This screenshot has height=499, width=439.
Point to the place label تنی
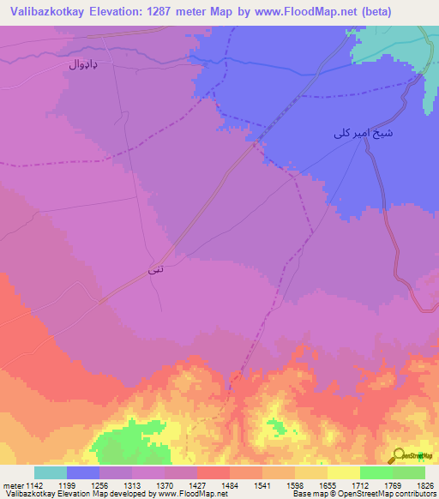(155, 270)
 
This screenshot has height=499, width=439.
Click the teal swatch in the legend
(51, 472)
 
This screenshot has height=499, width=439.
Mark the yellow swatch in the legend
(343, 472)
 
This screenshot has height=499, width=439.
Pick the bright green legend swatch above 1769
(376, 472)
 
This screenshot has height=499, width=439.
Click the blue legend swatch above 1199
(83, 472)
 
